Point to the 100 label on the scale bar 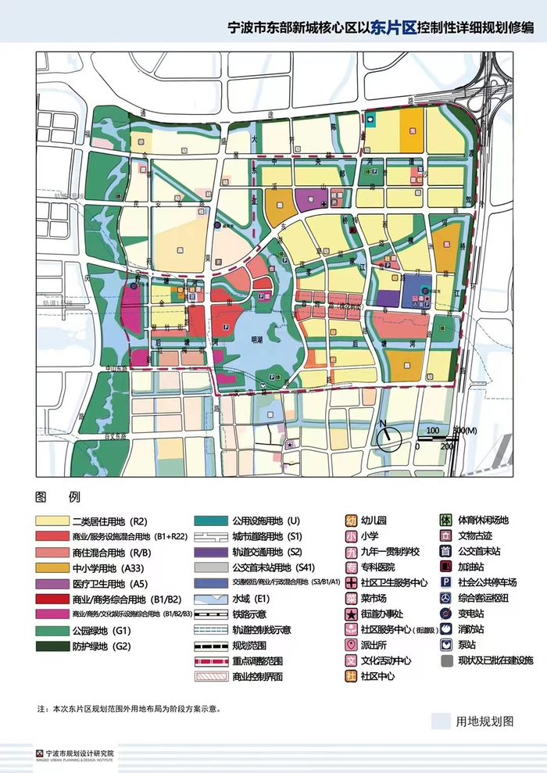(x=432, y=431)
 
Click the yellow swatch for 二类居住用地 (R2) (x=51, y=521)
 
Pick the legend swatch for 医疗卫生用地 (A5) (x=51, y=583)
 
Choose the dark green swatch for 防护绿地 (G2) (x=51, y=646)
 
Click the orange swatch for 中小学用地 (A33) (x=51, y=567)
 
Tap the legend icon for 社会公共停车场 (x=446, y=583)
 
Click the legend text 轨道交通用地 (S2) (x=263, y=552)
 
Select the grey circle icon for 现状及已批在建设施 (x=446, y=660)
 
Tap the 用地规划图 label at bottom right (x=484, y=721)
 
